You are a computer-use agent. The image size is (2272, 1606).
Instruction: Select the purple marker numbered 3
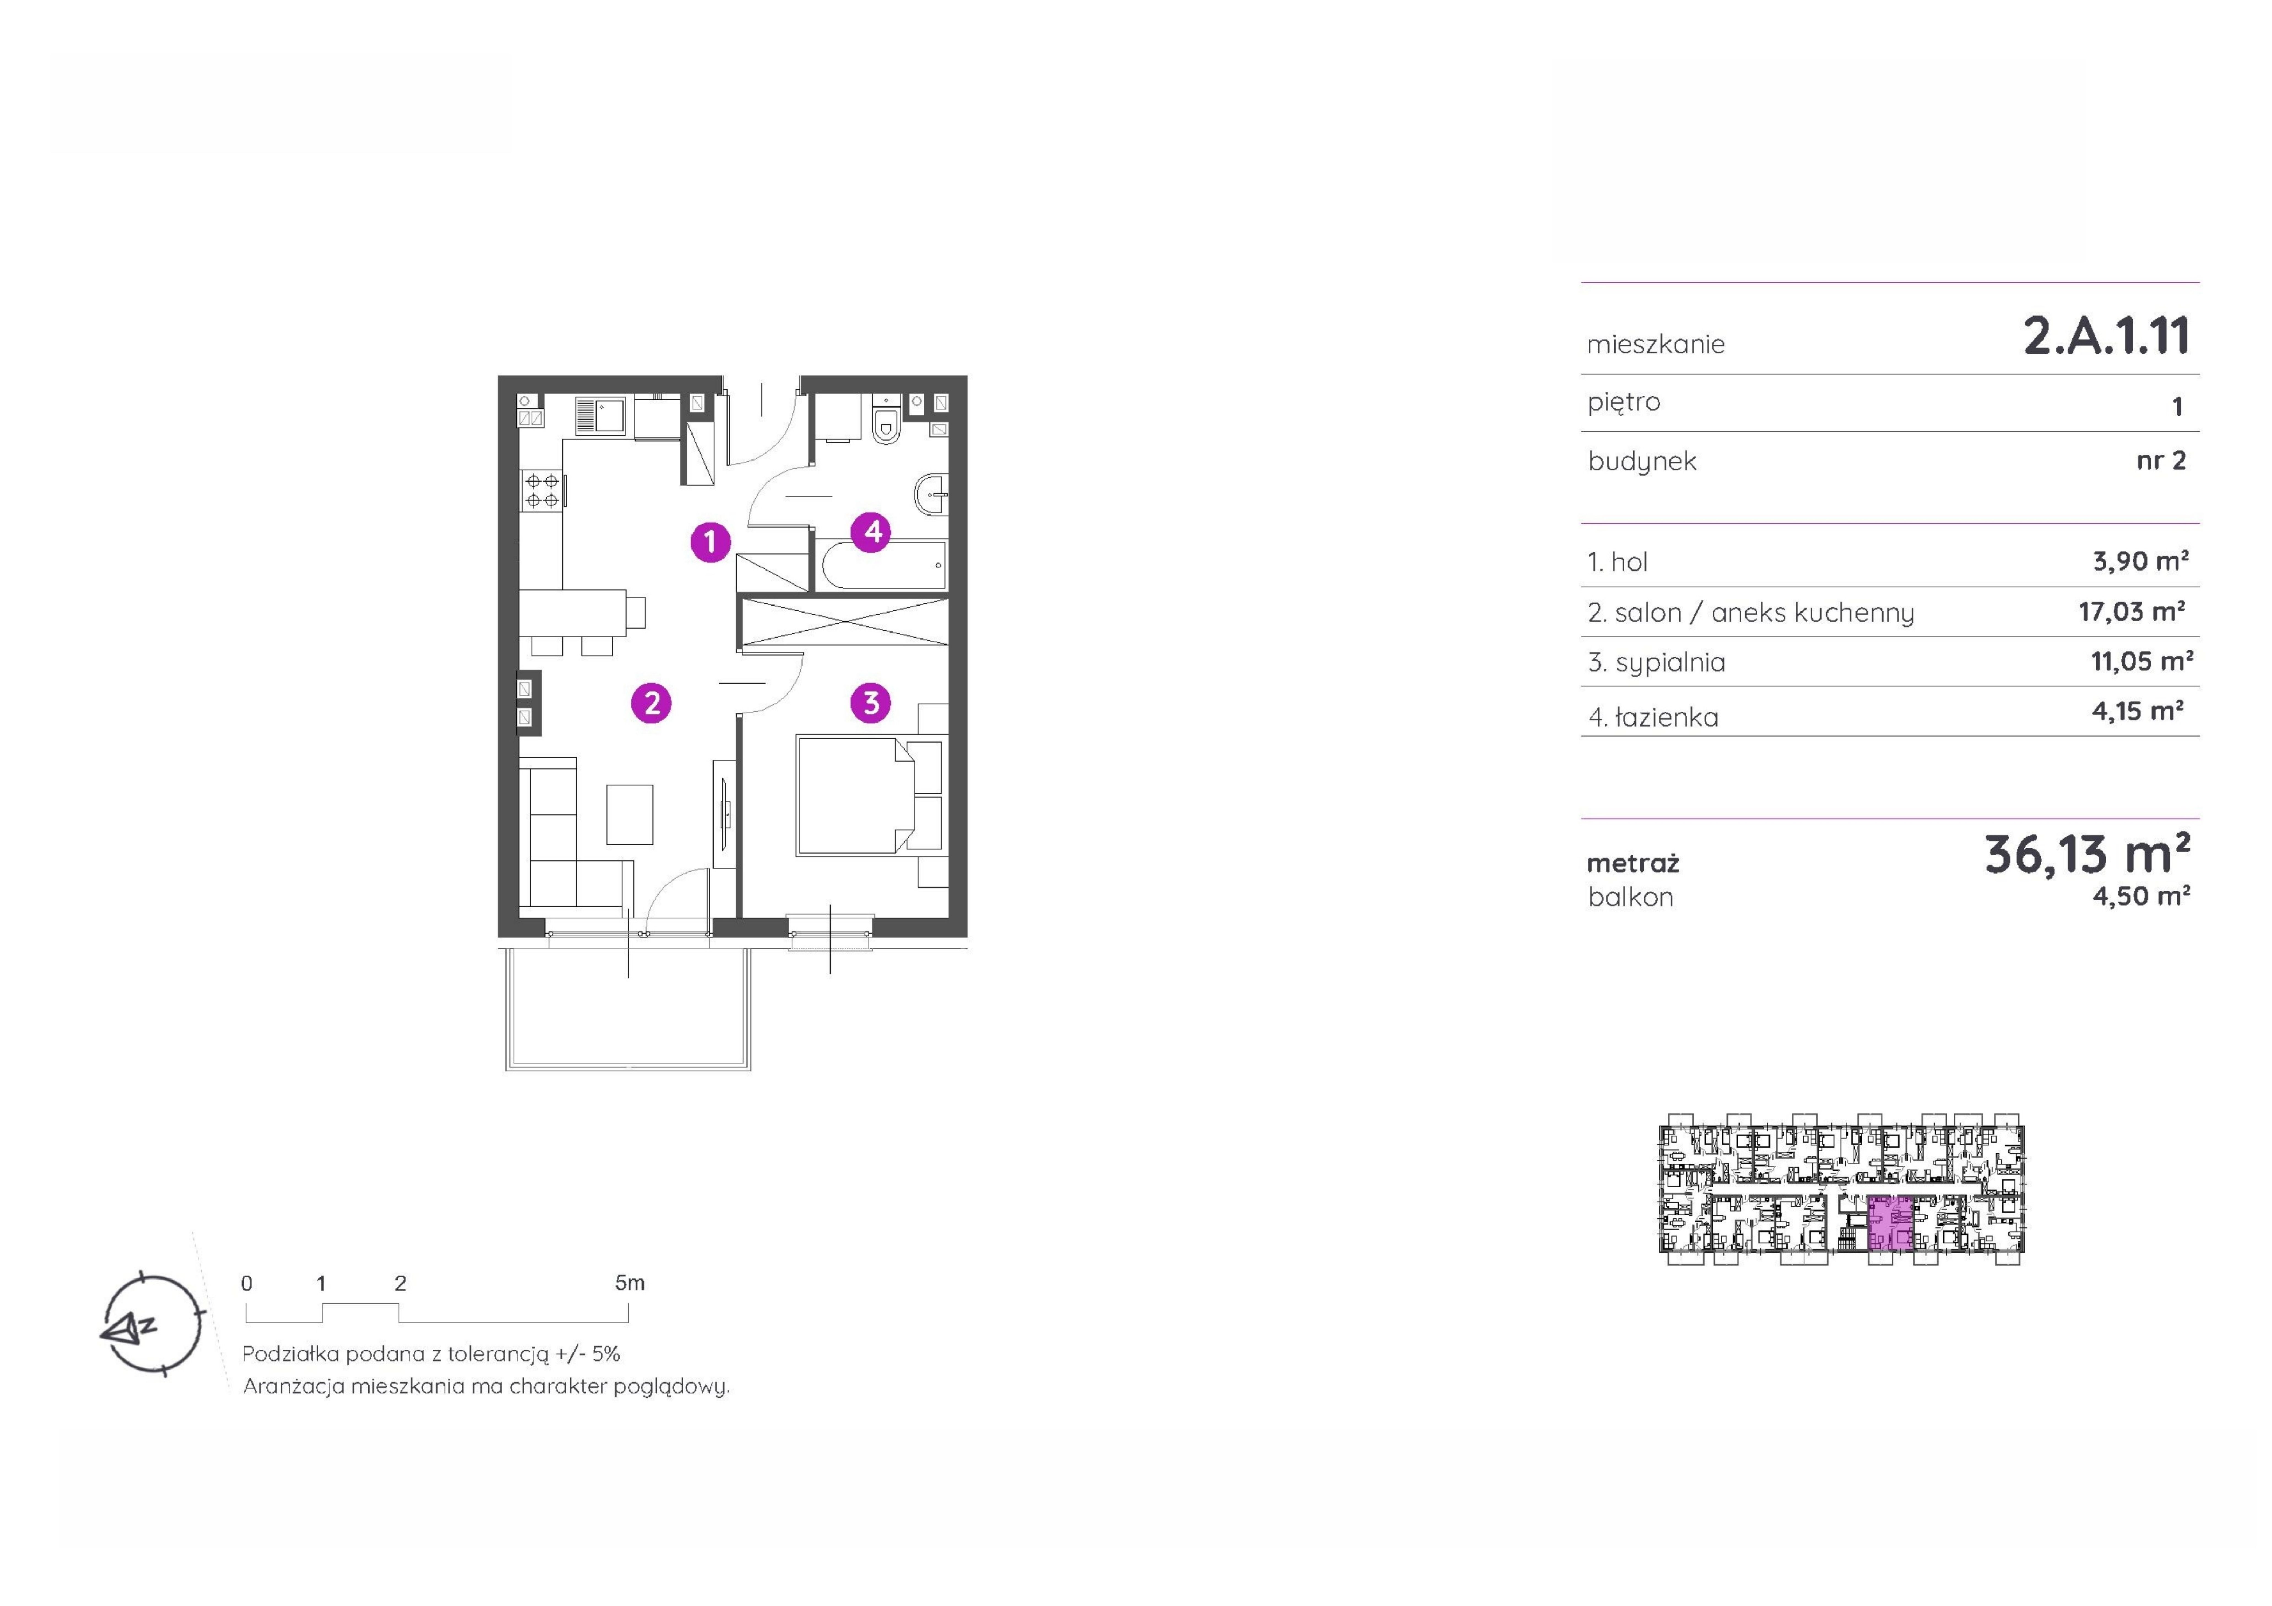tap(871, 703)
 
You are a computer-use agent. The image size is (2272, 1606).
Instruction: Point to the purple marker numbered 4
tap(872, 531)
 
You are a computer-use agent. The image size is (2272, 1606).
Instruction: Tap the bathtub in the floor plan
tap(883, 565)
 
